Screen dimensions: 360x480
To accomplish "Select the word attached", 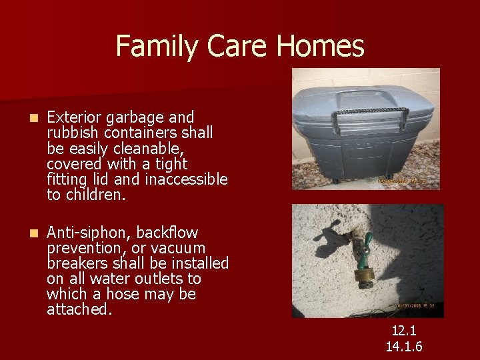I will (x=77, y=309).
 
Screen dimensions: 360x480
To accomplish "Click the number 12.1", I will (x=404, y=331).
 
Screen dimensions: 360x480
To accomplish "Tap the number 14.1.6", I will (x=404, y=347).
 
